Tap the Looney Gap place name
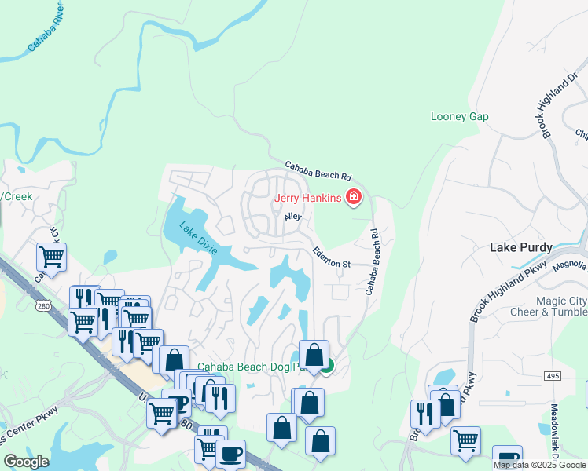tap(460, 117)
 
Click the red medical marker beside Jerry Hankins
tap(353, 197)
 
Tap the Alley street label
tap(292, 216)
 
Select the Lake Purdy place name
tap(520, 246)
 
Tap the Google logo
tap(27, 462)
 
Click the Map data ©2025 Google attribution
tap(539, 465)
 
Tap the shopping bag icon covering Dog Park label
tap(314, 356)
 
